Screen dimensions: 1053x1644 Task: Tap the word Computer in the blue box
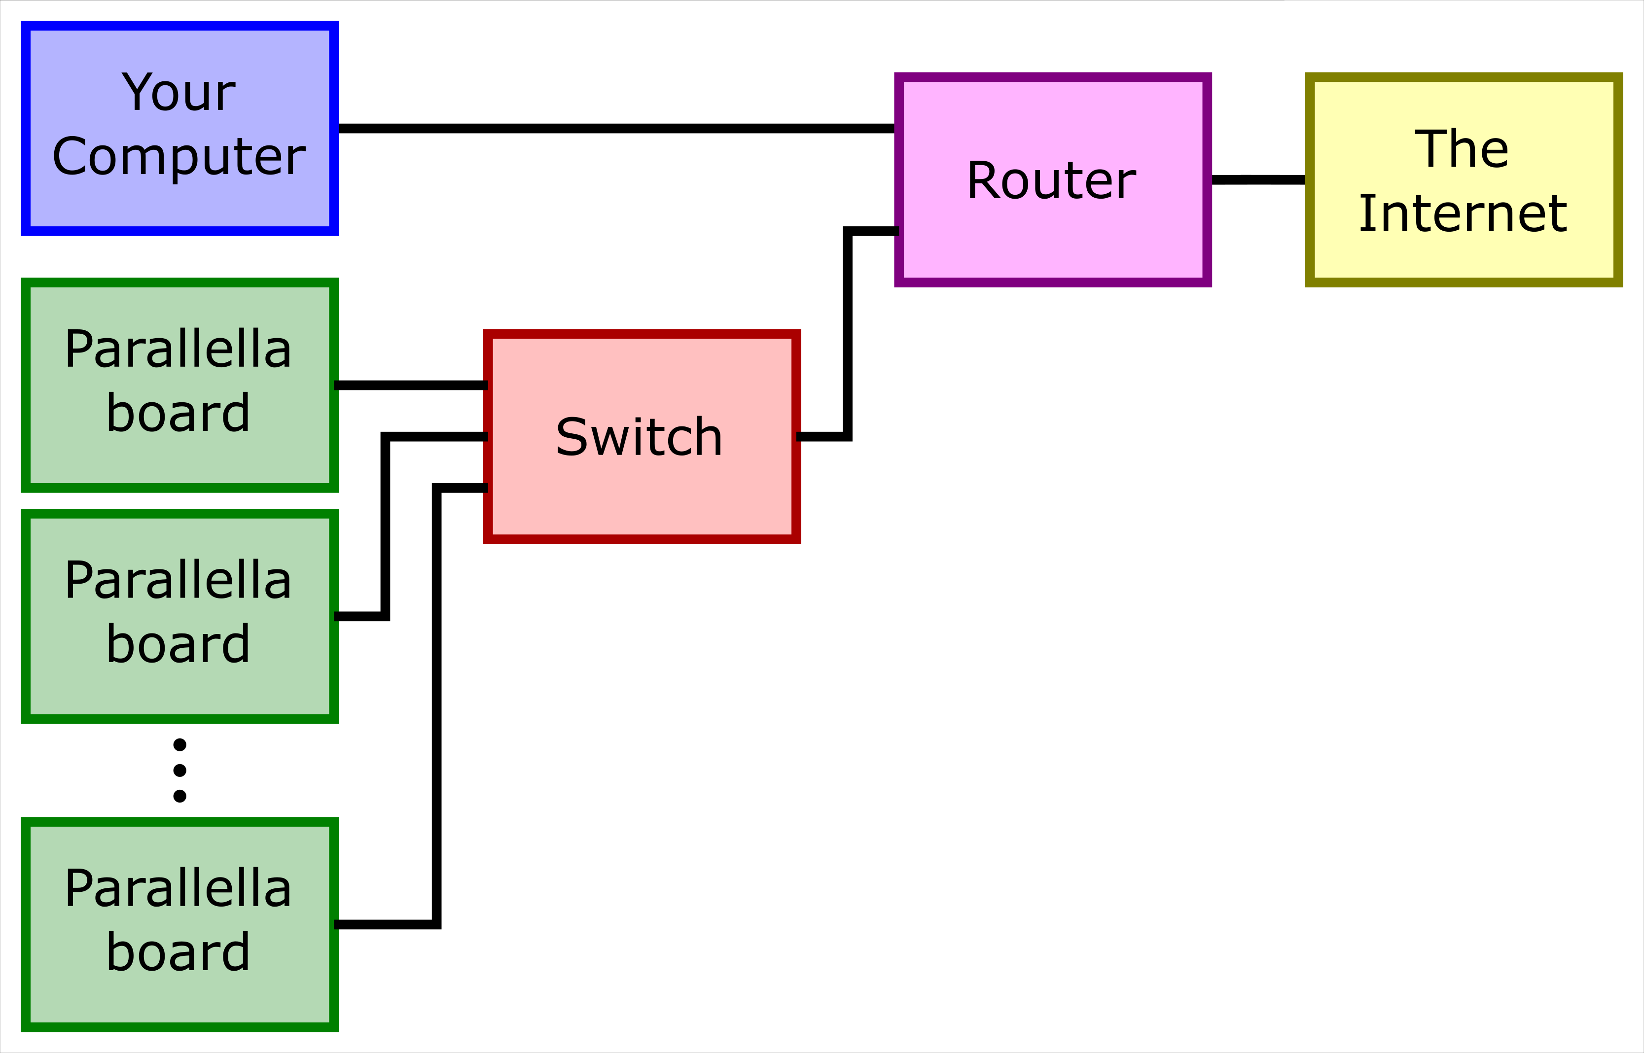(x=179, y=157)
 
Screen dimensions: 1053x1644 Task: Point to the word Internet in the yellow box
(x=1463, y=213)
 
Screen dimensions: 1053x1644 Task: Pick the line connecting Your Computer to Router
(x=615, y=129)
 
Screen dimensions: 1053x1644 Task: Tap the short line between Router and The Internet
(x=1258, y=180)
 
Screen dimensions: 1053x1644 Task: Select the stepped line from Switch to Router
(x=848, y=335)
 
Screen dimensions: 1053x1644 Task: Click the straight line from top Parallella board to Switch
(x=410, y=386)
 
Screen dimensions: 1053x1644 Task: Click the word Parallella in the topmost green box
(x=179, y=350)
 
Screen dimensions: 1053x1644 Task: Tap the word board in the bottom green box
(x=179, y=952)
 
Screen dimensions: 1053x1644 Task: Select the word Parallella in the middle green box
(x=179, y=581)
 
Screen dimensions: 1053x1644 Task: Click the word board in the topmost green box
(x=179, y=413)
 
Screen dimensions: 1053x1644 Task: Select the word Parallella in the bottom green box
(x=179, y=888)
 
